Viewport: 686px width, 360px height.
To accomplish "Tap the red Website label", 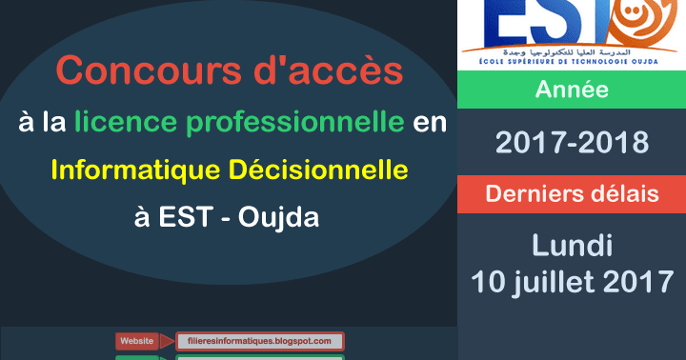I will (x=136, y=340).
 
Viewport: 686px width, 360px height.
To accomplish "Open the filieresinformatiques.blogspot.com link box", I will (x=259, y=340).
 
